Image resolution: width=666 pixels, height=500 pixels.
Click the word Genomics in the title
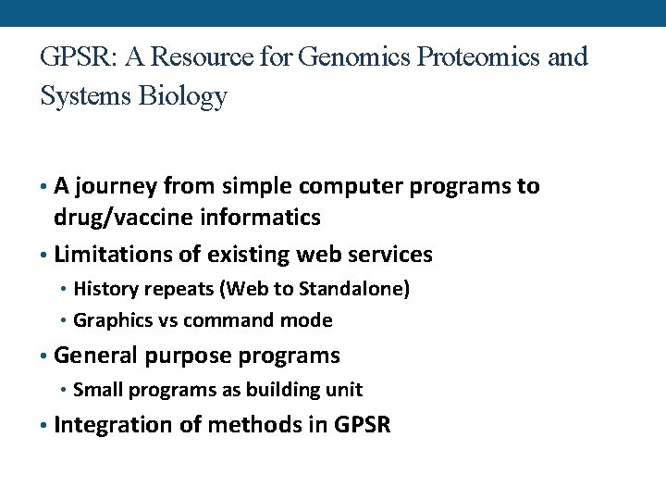(x=358, y=57)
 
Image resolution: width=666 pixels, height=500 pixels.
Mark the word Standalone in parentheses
(x=358, y=288)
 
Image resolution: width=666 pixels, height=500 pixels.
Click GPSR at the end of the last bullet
(x=364, y=425)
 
